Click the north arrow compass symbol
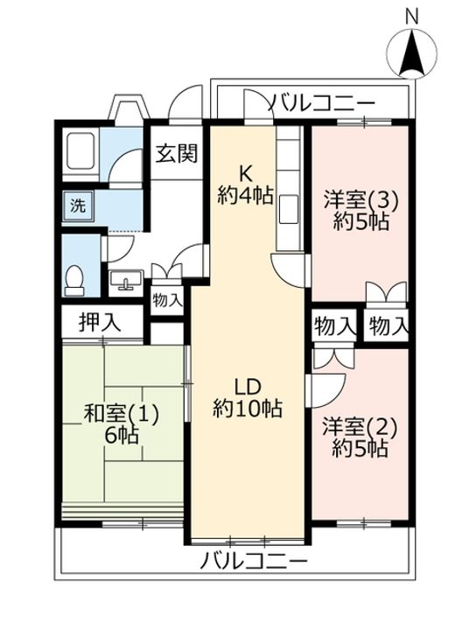click(412, 53)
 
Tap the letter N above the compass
click(412, 17)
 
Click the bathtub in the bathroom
click(81, 151)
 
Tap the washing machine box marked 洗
click(78, 206)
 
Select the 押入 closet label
click(100, 322)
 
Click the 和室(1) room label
click(122, 415)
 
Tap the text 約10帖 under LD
click(248, 409)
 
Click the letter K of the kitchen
click(246, 174)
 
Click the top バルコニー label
click(321, 104)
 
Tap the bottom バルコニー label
click(255, 560)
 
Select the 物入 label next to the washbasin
click(167, 300)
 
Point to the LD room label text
click(248, 387)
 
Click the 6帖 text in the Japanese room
click(122, 435)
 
